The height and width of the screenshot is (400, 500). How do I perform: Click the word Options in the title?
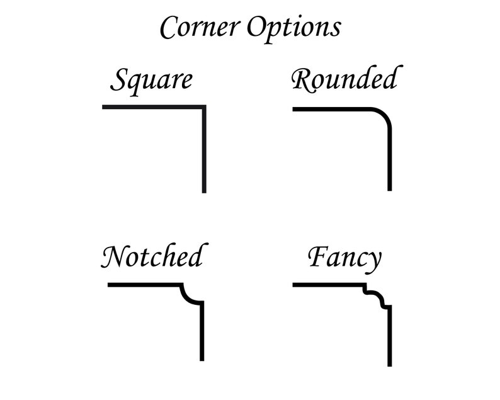(x=294, y=29)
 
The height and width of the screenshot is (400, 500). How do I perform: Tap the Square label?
(x=152, y=81)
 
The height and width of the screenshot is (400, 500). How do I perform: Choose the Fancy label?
(x=344, y=259)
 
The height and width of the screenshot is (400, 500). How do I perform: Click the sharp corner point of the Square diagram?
(x=204, y=107)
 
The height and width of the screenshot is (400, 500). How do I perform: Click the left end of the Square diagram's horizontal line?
(x=103, y=107)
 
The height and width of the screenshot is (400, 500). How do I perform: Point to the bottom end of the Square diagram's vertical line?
(x=204, y=192)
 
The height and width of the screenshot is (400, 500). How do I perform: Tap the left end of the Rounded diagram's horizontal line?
(x=293, y=109)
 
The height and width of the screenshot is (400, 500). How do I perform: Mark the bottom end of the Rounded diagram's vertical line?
(x=390, y=190)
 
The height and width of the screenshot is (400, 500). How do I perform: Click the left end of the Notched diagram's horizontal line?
(x=108, y=285)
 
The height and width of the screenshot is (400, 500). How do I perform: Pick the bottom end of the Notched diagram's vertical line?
(x=202, y=360)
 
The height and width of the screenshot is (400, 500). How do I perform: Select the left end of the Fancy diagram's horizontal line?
(x=293, y=285)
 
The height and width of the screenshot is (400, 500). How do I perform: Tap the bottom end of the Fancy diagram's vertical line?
(x=390, y=366)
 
